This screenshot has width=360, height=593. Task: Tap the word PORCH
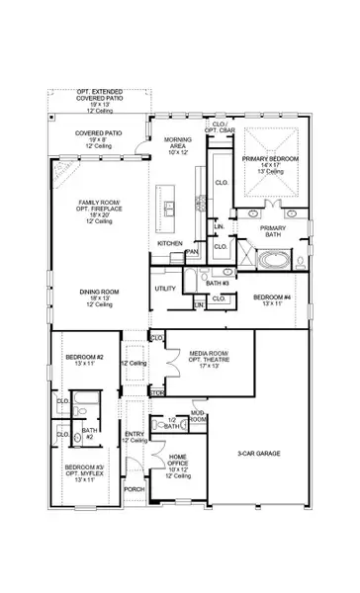pos(134,488)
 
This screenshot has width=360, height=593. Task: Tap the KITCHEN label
pos(170,243)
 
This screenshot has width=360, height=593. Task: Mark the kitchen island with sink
pos(170,206)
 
